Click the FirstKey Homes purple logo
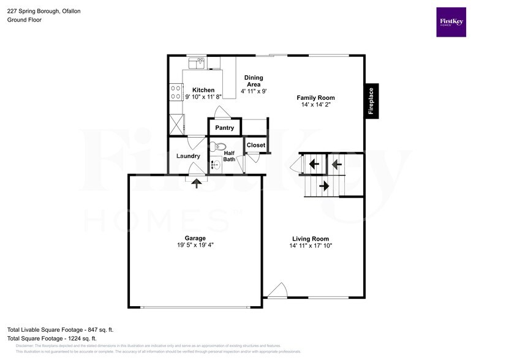(x=451, y=22)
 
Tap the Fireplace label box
(x=371, y=101)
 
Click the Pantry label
(x=225, y=128)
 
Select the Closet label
(x=256, y=145)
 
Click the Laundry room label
(x=188, y=156)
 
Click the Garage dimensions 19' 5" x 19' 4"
(x=195, y=245)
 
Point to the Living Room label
(x=310, y=239)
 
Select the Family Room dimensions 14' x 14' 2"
(x=316, y=105)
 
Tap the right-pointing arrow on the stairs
(x=323, y=185)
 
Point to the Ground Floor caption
(x=23, y=20)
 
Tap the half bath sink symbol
(x=215, y=164)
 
